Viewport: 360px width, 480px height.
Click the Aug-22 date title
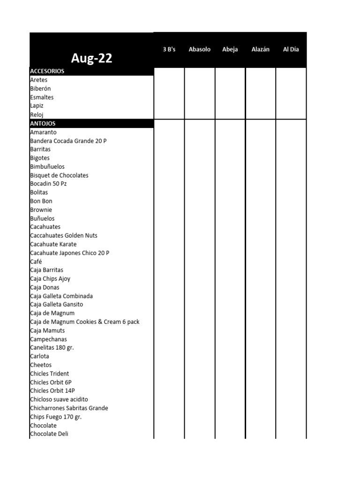(91, 59)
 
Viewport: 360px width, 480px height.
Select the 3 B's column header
(169, 49)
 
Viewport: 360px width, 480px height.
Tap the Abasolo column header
(200, 49)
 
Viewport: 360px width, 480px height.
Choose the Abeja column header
(230, 49)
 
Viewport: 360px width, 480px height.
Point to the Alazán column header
(261, 49)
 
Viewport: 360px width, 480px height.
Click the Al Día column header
(291, 49)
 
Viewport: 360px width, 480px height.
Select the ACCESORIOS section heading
(47, 71)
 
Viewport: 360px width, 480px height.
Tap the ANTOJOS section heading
(43, 123)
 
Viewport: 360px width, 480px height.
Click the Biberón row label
(40, 89)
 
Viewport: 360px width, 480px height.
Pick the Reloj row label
(37, 115)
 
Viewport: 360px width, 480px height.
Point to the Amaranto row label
(43, 132)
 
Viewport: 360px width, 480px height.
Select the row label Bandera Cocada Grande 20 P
(68, 141)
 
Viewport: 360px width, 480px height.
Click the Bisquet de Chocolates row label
(59, 175)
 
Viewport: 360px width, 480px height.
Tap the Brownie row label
(41, 210)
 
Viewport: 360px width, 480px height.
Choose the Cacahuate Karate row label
(53, 244)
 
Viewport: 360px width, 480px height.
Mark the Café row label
(36, 262)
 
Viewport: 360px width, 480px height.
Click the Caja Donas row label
(45, 287)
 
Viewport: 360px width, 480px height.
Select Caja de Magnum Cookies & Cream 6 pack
(84, 322)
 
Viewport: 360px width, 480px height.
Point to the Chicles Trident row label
(49, 374)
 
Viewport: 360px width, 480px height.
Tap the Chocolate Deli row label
(49, 434)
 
